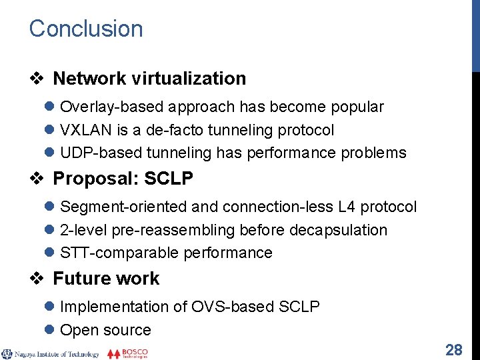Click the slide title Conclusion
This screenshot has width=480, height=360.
[86, 29]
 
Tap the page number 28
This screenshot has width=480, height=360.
[454, 349]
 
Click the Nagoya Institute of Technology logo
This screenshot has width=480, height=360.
[51, 354]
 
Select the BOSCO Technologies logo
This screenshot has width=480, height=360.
[127, 353]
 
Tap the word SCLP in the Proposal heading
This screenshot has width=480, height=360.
[169, 179]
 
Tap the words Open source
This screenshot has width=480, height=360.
[105, 330]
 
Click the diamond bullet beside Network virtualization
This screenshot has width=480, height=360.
[37, 79]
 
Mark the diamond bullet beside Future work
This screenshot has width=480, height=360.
[37, 279]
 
